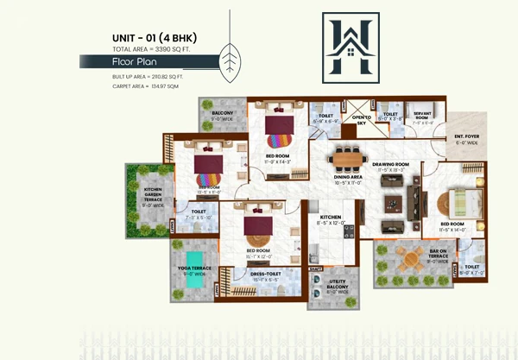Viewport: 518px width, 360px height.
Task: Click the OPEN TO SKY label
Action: coord(360,119)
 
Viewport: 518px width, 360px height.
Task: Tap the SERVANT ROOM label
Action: coord(422,115)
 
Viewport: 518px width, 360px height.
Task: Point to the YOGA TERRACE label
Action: coord(194,270)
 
